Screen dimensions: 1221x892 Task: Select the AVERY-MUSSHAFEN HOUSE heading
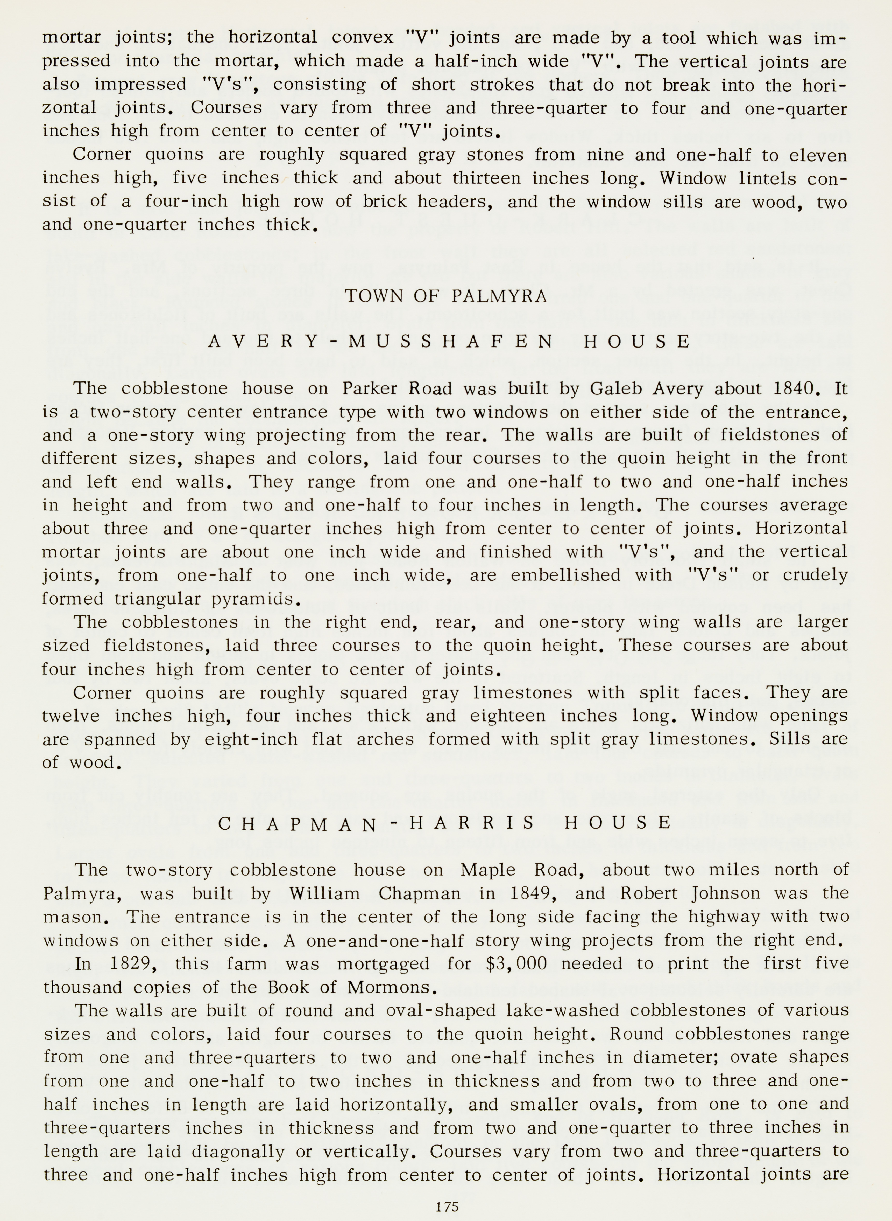[x=449, y=342]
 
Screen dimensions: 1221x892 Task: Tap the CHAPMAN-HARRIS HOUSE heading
[x=445, y=823]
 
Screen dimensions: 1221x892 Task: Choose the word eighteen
[x=507, y=716]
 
